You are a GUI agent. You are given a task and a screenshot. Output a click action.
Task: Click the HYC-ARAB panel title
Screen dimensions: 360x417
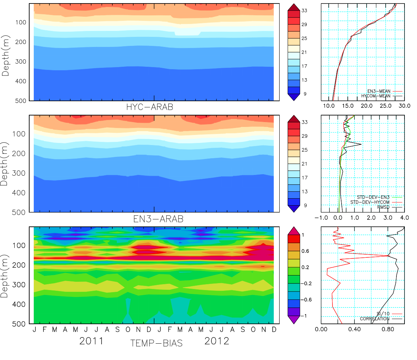pos(150,107)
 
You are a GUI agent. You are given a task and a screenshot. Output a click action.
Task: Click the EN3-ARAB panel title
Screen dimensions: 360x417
pos(158,219)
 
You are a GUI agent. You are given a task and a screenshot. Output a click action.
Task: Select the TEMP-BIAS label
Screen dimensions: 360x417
pos(156,343)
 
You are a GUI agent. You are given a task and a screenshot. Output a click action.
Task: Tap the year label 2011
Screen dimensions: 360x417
pos(91,341)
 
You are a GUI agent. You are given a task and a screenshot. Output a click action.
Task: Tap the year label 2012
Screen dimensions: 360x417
pos(217,341)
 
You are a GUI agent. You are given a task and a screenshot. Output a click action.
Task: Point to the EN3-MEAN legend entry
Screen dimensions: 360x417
pos(379,91)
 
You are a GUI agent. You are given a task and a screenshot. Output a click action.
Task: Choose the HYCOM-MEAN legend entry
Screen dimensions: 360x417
pos(376,96)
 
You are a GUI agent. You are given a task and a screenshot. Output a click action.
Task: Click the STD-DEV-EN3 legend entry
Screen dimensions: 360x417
pos(373,198)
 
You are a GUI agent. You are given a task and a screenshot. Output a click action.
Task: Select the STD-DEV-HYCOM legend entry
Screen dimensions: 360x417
pos(370,202)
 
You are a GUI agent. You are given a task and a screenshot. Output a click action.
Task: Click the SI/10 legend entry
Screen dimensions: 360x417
pos(383,314)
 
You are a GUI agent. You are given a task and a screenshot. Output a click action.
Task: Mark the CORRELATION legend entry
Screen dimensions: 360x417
pos(375,319)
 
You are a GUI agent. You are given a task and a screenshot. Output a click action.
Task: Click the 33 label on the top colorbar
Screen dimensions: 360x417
pos(304,11)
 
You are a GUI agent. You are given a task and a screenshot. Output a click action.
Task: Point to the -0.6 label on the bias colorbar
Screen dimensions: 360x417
pos(305,300)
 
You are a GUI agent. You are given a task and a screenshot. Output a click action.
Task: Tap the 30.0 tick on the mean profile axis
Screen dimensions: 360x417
pos(404,106)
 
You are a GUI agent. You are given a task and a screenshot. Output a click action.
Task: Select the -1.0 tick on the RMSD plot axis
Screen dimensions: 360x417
pos(321,218)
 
